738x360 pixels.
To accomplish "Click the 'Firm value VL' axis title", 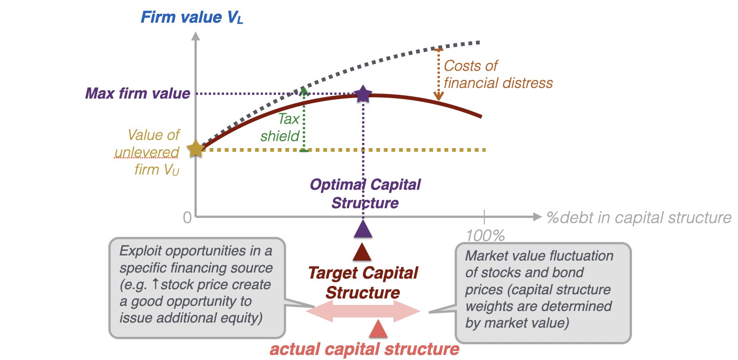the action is [192, 17].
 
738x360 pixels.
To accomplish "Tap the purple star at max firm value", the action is [363, 94].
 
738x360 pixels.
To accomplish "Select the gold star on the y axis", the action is [196, 149].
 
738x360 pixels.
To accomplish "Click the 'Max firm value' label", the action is [138, 93].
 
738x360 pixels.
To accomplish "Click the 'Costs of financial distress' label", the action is [498, 74].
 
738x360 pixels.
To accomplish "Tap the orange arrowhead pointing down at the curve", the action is [438, 96].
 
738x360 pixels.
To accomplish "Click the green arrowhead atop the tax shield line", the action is [304, 91].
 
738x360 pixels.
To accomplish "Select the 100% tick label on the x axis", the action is [485, 236].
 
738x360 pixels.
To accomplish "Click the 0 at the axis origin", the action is [187, 218].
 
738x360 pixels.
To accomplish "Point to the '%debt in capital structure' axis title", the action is [639, 218].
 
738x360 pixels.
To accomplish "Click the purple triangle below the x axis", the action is [363, 229].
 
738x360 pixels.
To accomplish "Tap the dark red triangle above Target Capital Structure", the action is [362, 252].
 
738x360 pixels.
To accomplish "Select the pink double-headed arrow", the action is [363, 311].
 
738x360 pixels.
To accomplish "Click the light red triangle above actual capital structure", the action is [378, 329].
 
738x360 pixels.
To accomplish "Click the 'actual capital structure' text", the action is [364, 349].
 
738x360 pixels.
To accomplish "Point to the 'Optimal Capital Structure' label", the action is [365, 194].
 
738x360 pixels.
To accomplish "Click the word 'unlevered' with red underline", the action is [147, 153].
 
